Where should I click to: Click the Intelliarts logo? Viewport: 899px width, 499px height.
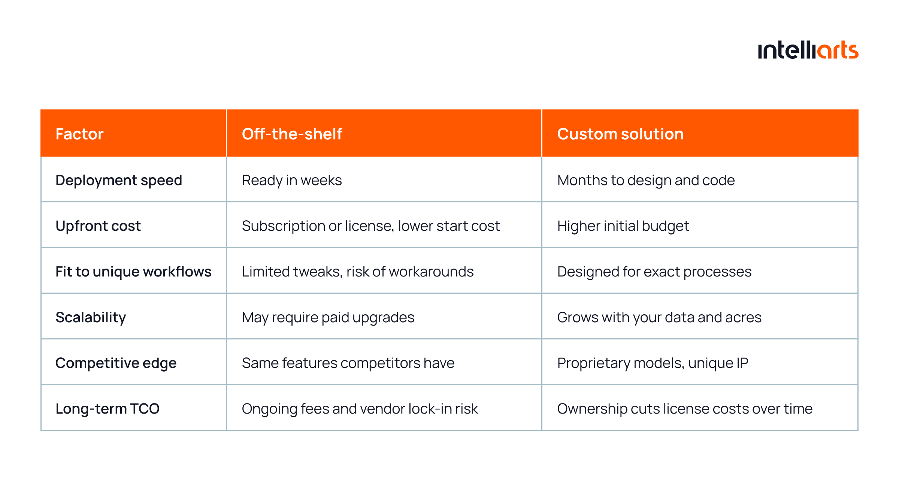tap(808, 50)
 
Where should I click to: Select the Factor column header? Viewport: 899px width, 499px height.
tap(79, 134)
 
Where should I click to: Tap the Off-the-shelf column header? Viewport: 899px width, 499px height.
tap(292, 134)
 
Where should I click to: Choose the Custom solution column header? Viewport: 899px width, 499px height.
tap(620, 134)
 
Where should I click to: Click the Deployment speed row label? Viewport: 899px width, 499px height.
tap(119, 181)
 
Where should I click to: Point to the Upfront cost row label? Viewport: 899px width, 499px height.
tap(98, 226)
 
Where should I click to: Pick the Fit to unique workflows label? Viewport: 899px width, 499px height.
tap(133, 272)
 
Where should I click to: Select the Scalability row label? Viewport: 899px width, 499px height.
tap(91, 318)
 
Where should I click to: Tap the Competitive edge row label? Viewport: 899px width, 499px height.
tap(116, 363)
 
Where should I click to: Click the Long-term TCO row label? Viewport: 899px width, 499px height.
tap(108, 409)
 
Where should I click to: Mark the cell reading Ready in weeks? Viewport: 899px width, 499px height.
tap(292, 181)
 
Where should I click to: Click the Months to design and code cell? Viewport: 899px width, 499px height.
tap(646, 181)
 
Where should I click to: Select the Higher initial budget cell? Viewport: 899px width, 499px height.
tap(623, 226)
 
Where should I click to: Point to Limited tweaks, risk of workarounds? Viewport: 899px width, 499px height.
tap(358, 272)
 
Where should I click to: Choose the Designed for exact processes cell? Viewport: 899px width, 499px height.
tap(654, 272)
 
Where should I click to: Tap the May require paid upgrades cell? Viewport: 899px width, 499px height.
tap(328, 318)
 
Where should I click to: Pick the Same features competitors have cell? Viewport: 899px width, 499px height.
tap(348, 363)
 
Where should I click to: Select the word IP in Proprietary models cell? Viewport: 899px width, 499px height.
tap(742, 363)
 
